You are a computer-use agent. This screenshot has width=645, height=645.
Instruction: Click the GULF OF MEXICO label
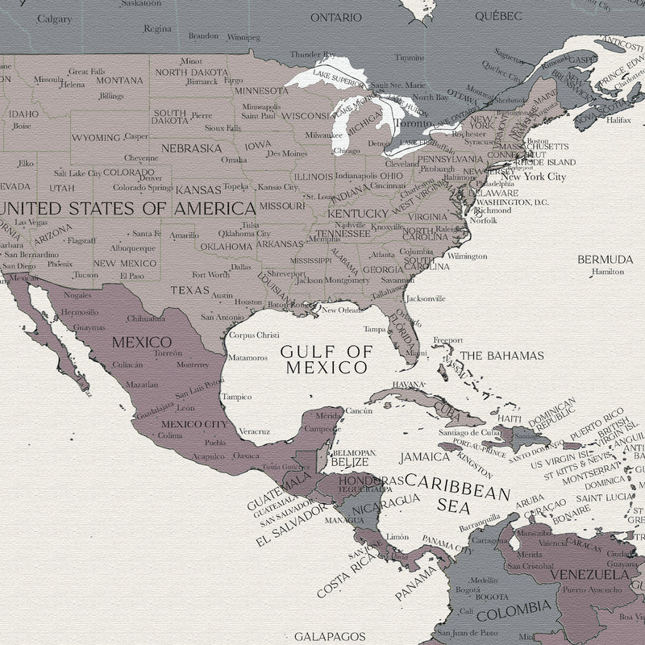(x=326, y=359)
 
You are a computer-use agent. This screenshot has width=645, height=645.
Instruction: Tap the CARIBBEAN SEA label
(x=458, y=493)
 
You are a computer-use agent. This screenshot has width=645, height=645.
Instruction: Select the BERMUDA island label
(x=605, y=260)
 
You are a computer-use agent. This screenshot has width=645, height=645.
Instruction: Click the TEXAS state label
(x=189, y=290)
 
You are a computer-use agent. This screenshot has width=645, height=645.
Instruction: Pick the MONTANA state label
(x=119, y=81)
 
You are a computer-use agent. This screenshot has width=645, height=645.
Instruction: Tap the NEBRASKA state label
(x=191, y=148)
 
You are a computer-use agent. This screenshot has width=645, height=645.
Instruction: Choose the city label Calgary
(x=55, y=19)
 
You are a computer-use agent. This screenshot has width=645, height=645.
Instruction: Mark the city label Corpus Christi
(x=254, y=335)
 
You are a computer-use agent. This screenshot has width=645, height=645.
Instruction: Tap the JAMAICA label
(x=425, y=457)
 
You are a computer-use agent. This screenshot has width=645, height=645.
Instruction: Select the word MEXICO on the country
(x=141, y=342)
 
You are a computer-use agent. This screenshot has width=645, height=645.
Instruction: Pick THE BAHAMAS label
(x=501, y=356)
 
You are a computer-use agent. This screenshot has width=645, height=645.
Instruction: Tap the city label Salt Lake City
(x=77, y=173)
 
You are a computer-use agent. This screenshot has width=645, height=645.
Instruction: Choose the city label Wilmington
(x=468, y=256)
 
